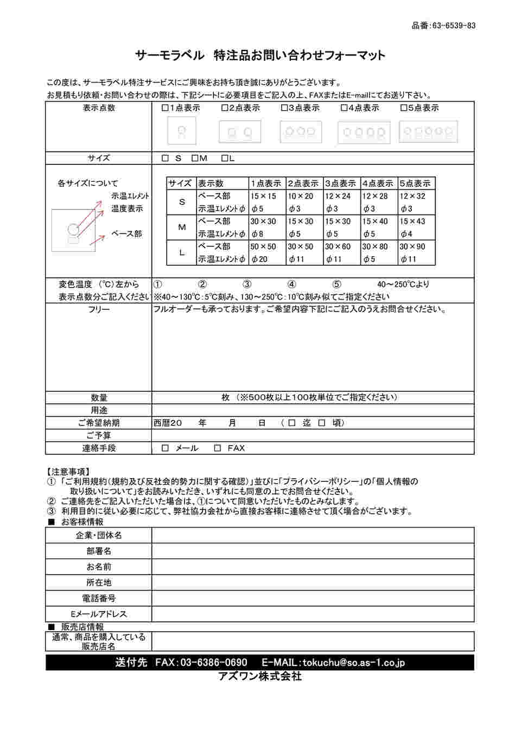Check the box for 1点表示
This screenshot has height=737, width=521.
pyautogui.click(x=165, y=108)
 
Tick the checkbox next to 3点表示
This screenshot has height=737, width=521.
pyautogui.click(x=284, y=108)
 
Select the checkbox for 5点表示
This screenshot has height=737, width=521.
pyautogui.click(x=403, y=108)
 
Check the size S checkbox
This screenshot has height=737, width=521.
pyautogui.click(x=166, y=158)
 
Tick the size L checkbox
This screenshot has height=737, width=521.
pyautogui.click(x=225, y=158)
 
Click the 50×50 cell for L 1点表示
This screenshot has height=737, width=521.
pyautogui.click(x=263, y=246)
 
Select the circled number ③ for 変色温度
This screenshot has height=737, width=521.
pyautogui.click(x=246, y=284)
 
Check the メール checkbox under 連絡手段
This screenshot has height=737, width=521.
pyautogui.click(x=166, y=448)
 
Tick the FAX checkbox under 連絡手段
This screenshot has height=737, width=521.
pyautogui.click(x=218, y=448)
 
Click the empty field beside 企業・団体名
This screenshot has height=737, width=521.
pyautogui.click(x=313, y=535)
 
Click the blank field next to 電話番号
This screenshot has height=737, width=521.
pyautogui.click(x=313, y=598)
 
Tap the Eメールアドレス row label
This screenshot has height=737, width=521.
pyautogui.click(x=99, y=614)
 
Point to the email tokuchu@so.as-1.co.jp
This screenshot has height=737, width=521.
pyautogui.click(x=353, y=663)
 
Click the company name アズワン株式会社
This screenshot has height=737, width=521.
pyautogui.click(x=259, y=676)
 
